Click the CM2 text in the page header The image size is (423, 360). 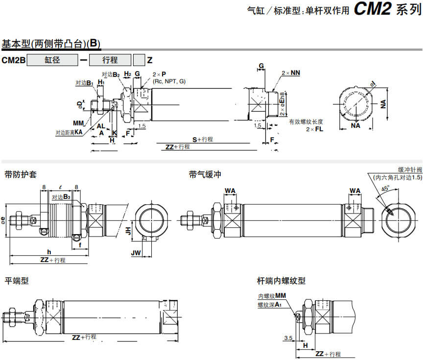[372, 10]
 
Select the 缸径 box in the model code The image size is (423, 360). [52, 60]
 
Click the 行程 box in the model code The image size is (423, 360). [110, 60]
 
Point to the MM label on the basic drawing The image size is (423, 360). [78, 122]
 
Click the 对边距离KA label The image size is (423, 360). [69, 132]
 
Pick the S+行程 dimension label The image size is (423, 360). [202, 139]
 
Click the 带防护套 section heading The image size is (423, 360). [21, 174]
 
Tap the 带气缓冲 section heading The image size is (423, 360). [205, 174]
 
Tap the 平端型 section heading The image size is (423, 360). [17, 281]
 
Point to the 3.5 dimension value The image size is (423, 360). [288, 338]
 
